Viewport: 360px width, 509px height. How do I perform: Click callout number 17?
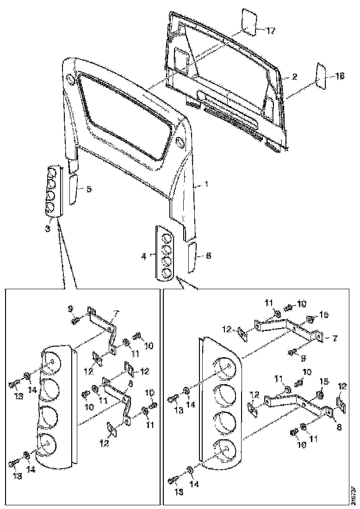(271, 31)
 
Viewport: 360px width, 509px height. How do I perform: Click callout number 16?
(340, 77)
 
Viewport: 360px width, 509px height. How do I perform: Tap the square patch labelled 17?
(249, 23)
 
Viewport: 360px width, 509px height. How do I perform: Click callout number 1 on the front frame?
(206, 184)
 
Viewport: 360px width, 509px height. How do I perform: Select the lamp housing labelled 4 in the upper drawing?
(166, 253)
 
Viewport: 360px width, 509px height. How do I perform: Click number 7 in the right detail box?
(334, 339)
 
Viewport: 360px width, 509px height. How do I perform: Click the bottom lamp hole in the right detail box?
(224, 451)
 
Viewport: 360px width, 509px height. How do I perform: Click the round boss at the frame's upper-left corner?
(71, 79)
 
